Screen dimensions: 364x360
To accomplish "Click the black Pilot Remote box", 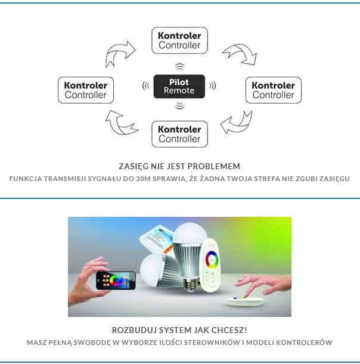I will coord(179,86).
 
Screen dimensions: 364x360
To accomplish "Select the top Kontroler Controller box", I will coord(179,41).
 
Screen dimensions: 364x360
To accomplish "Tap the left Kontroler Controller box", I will coord(85,90).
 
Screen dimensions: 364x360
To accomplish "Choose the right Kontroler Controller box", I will coord(273,90).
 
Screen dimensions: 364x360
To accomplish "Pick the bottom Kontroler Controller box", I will coord(179,134).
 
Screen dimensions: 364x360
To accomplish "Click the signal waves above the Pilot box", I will coord(179,66).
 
